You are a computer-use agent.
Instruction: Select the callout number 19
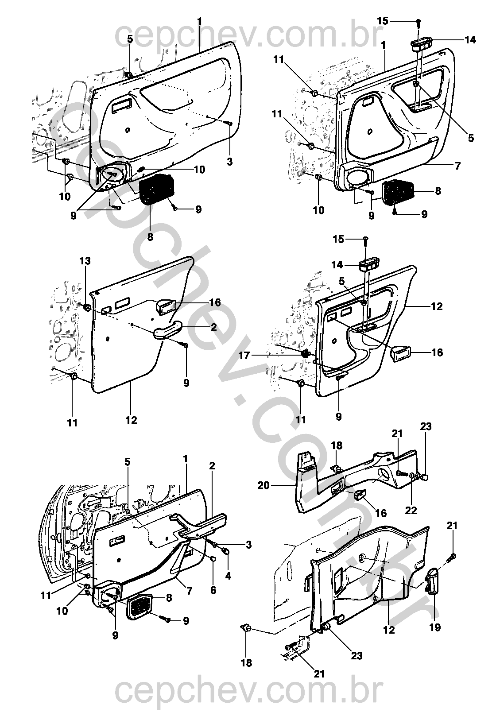pos(435,627)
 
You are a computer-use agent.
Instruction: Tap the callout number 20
pos(263,485)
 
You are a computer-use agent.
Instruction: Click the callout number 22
pos(411,510)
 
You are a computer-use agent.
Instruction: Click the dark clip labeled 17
pos(305,353)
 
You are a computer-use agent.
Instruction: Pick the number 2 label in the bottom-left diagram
pos(212,466)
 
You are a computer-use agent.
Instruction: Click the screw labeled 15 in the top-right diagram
pos(418,21)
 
